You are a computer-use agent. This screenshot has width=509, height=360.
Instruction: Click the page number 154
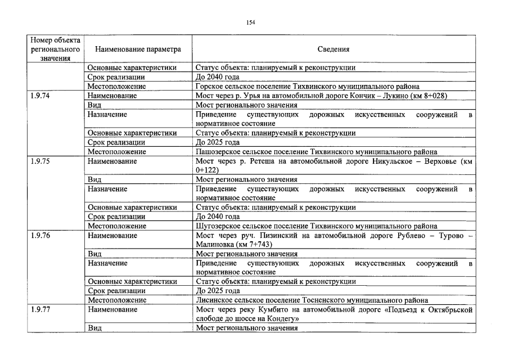[x=251, y=22]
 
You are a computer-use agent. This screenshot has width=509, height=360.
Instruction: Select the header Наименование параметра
[x=138, y=49]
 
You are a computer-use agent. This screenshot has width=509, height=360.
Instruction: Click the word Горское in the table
[x=210, y=87]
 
